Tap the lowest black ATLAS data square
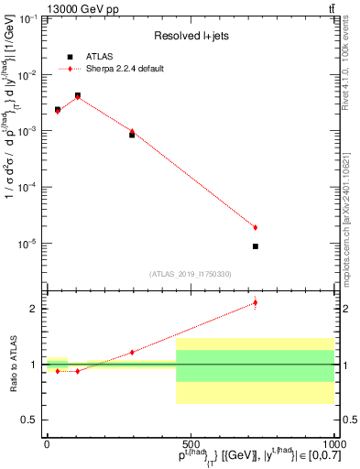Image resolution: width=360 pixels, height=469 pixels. (x=256, y=246)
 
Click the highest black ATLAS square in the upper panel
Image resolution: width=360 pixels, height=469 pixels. (x=78, y=95)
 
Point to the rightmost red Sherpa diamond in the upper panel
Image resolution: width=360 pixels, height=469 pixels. (x=256, y=227)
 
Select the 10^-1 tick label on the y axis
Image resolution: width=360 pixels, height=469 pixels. (x=29, y=18)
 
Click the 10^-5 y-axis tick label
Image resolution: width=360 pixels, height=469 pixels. (x=29, y=244)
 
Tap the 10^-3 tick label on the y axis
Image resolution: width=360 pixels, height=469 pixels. (x=29, y=131)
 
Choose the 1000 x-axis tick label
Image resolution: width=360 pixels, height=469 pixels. (x=333, y=443)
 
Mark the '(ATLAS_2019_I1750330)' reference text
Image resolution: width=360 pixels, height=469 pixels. (x=191, y=273)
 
